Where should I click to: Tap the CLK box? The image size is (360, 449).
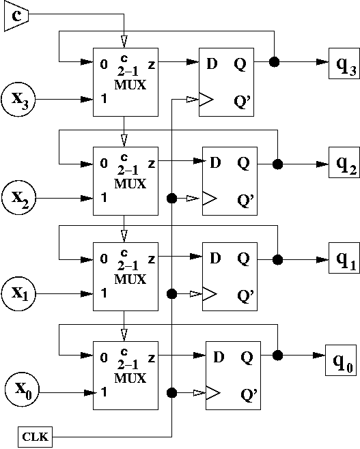pos(36,437)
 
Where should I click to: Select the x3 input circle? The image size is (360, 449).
pos(18,100)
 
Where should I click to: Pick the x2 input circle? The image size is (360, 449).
pos(18,198)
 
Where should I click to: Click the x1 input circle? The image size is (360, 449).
pos(18,294)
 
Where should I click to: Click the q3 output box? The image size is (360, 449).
pos(344,63)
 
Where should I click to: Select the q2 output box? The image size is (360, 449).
pos(344,162)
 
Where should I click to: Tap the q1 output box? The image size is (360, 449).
pos(344,258)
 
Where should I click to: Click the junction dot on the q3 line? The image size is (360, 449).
pos(275,61)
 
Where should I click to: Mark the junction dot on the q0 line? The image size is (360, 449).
pos(277,356)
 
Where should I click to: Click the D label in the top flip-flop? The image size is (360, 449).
pos(212,63)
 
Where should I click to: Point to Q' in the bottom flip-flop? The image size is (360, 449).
pos(249,395)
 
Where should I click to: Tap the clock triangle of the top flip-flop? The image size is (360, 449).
pos(206,100)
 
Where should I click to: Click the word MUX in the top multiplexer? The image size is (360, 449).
pos(130,85)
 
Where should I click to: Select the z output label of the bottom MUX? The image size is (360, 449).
pos(152,358)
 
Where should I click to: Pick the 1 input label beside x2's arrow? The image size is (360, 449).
pos(104,197)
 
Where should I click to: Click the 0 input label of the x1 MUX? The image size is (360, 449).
pos(104,259)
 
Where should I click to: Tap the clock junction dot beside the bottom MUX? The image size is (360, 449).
pos(171,392)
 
